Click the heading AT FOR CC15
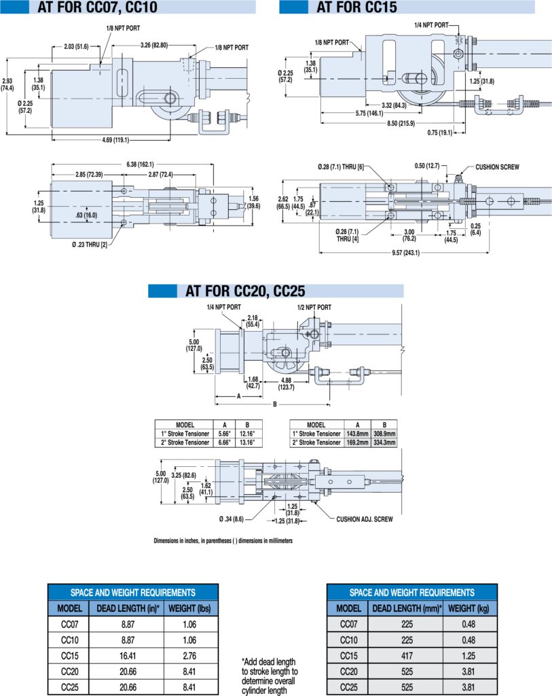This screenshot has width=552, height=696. point(356,7)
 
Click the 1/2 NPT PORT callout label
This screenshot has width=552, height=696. point(314,307)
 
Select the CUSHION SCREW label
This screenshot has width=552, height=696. point(497,167)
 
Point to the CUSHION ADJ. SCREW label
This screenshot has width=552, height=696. point(365,519)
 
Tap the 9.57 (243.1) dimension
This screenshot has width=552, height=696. point(406,253)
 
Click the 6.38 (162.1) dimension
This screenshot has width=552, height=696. point(140,164)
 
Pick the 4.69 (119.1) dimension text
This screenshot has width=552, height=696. point(115,140)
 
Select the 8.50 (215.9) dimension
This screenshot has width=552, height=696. point(401,123)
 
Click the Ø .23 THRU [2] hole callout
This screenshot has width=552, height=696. point(90,245)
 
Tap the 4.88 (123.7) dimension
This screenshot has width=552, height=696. point(286,383)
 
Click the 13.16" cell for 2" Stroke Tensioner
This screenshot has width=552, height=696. point(247,442)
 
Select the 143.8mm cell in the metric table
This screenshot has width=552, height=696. point(357,434)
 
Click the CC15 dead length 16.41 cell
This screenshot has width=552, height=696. point(128,656)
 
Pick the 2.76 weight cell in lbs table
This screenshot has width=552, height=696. point(189,656)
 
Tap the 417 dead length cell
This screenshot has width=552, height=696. point(407,656)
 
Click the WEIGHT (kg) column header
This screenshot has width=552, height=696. point(468,608)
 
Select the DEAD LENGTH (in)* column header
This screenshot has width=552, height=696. point(128,608)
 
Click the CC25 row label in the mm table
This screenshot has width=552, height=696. point(348,687)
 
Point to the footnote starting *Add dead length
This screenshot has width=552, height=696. point(270,676)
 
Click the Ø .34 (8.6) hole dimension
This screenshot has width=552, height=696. point(232,519)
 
